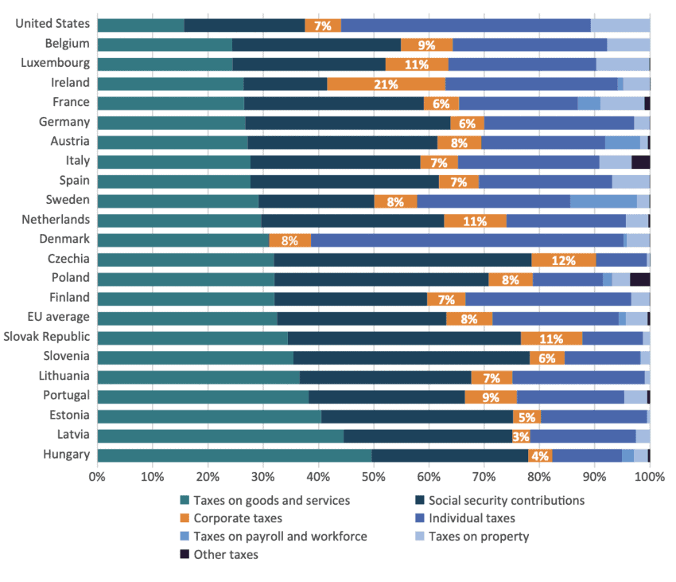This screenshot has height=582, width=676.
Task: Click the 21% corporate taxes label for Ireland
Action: tap(386, 84)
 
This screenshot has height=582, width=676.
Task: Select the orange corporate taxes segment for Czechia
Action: tap(563, 260)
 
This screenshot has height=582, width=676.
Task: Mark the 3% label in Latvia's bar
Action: tap(521, 436)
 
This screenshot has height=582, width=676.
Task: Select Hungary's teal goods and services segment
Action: tap(234, 455)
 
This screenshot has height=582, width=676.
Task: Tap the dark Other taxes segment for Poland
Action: tap(639, 279)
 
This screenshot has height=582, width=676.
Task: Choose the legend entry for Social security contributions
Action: tap(506, 501)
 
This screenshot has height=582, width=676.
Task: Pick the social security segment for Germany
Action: tap(348, 123)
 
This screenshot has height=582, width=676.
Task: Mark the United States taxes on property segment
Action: tap(620, 25)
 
